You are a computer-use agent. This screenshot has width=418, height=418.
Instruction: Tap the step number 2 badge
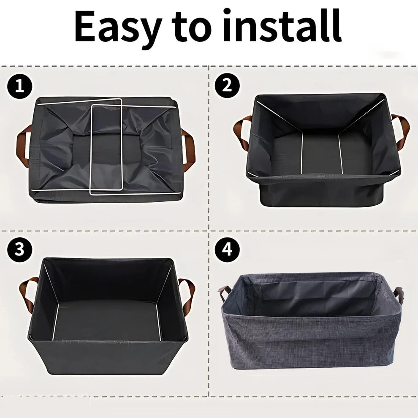click(227, 86)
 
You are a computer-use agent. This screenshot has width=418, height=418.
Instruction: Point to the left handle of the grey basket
click(224, 292)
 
